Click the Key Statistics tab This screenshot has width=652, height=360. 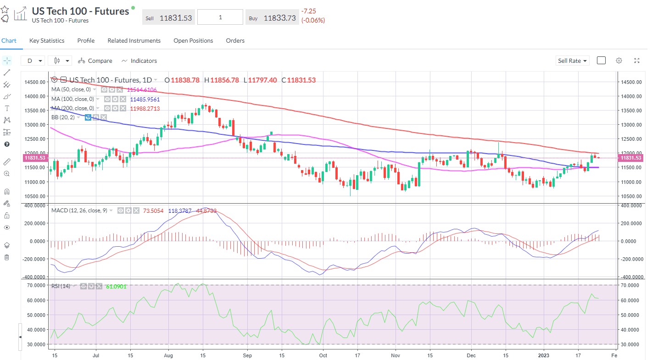[47, 41]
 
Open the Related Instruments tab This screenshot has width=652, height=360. [134, 41]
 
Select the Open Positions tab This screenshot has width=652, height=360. [193, 41]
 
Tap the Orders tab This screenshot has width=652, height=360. [235, 41]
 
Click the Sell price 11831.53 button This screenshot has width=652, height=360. [168, 18]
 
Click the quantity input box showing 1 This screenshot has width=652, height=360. [220, 17]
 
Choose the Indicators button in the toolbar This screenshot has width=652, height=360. [139, 61]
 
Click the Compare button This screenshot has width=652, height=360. [95, 61]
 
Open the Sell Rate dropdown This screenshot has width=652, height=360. [572, 61]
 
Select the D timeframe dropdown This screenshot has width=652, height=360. [33, 61]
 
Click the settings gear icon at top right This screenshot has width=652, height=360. [619, 61]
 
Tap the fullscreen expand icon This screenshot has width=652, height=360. [637, 61]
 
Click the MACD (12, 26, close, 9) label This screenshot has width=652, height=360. [79, 210]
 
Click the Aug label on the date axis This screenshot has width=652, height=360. [168, 355]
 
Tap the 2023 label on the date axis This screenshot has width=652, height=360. [543, 355]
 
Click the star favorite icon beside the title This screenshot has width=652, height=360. [5, 9]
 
